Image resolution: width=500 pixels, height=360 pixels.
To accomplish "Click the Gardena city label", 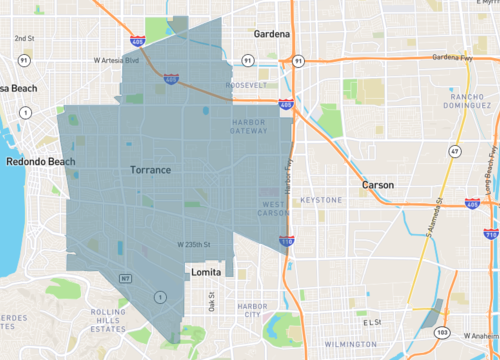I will click(271, 33).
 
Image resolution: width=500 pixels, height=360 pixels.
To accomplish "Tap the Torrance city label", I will click(151, 170).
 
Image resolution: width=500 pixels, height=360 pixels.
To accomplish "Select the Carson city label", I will click(377, 185).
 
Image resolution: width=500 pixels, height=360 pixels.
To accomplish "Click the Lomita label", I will click(207, 271).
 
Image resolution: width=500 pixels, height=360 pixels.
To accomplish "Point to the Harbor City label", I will click(244, 310).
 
